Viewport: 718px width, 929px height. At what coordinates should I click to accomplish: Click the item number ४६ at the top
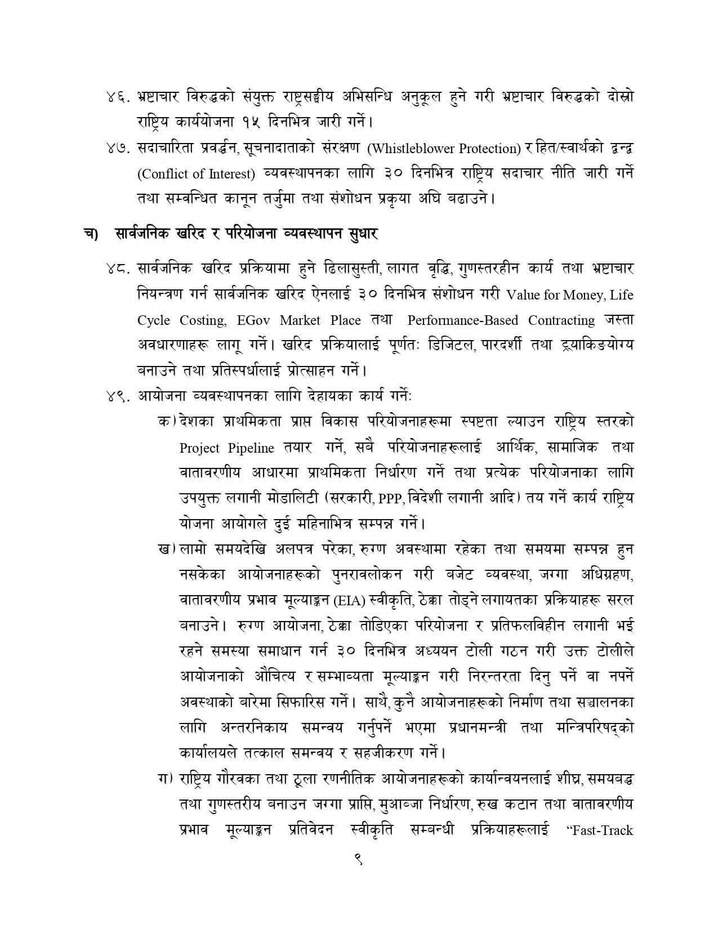117,97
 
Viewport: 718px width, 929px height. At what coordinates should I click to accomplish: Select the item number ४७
117,149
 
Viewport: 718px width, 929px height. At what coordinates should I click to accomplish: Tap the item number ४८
117,270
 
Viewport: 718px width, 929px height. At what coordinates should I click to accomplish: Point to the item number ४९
117,396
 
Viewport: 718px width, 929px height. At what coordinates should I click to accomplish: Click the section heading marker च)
91,234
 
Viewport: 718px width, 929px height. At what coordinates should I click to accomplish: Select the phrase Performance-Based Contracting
501,320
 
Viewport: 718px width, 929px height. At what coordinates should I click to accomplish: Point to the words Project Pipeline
226,448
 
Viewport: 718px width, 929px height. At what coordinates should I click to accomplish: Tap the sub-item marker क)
167,422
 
